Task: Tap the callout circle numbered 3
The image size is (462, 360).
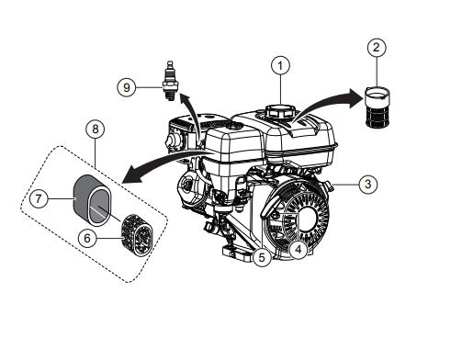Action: pos(366,185)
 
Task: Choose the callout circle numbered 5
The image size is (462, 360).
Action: pos(262,258)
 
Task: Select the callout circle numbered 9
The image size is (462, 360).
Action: pos(128,87)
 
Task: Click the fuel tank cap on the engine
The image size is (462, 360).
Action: pos(276,111)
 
